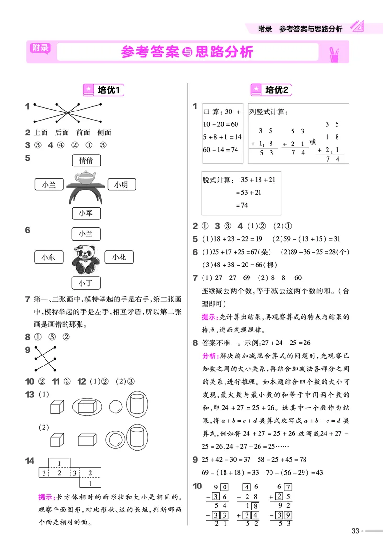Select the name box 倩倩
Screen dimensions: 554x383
coord(86,160)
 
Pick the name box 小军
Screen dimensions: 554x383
coord(86,212)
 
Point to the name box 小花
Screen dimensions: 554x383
coord(119,257)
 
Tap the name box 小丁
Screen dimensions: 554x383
coord(86,283)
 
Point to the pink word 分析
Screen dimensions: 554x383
coord(209,356)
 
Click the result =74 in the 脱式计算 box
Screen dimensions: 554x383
coord(242,205)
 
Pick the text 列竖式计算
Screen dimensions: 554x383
coord(268,112)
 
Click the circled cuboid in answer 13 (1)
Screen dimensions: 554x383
coord(88,407)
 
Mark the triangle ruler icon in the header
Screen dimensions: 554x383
coord(357,26)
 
